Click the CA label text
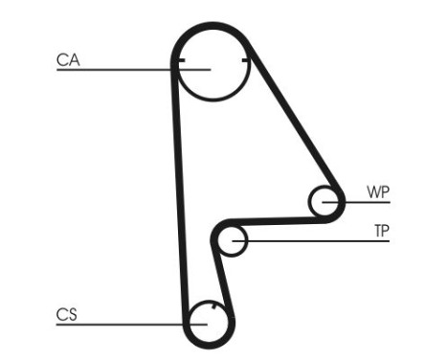click(67, 60)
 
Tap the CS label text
click(66, 314)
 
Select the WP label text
click(378, 191)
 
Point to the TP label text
click(380, 231)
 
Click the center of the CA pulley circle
click(212, 68)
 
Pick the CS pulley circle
click(210, 324)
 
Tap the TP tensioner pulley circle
click(233, 241)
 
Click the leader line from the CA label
click(115, 69)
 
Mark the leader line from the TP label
click(316, 239)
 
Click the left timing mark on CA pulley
click(180, 62)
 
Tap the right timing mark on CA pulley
click(246, 62)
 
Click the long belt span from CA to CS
click(179, 191)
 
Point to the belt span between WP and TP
click(278, 218)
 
